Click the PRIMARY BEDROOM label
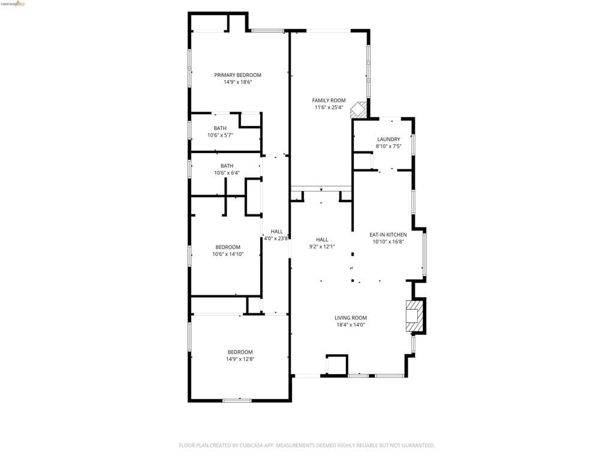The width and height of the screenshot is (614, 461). [237, 75]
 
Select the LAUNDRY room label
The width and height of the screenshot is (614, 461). [389, 139]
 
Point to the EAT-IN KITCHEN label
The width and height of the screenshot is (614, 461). [388, 235]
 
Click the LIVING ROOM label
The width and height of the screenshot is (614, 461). [351, 318]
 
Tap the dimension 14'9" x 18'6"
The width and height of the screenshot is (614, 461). [237, 82]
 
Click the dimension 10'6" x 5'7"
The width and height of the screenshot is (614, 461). [220, 135]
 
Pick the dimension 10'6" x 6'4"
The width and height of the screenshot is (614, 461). [227, 173]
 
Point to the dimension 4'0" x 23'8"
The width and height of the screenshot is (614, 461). [276, 238]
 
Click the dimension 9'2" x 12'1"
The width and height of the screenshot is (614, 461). [322, 246]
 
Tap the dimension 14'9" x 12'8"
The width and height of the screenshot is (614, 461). [240, 359]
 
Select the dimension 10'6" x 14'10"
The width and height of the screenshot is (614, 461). [228, 254]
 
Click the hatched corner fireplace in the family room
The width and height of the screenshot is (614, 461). [359, 110]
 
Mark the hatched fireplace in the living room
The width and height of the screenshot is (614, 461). [414, 315]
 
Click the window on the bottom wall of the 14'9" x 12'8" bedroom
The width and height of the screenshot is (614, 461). [237, 400]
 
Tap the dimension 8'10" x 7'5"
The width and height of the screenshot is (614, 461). [389, 146]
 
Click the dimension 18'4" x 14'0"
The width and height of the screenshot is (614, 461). [351, 325]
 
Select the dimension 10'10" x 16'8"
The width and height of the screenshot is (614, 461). [388, 242]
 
